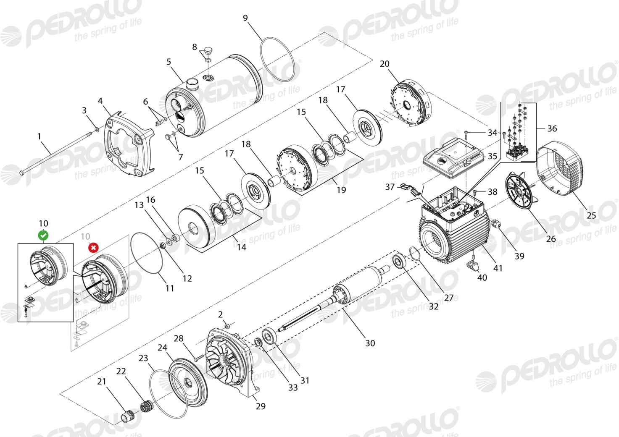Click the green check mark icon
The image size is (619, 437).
(43, 235)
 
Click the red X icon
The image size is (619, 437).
(93, 248)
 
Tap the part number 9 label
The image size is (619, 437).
(245, 18)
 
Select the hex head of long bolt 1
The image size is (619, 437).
(22, 173)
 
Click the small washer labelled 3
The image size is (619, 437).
(96, 129)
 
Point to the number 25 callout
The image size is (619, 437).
(591, 215)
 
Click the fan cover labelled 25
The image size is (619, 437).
(559, 169)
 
